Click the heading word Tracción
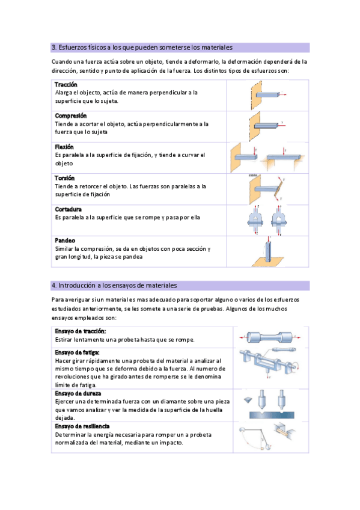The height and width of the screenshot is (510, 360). [66, 85]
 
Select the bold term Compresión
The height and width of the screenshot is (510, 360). [71, 116]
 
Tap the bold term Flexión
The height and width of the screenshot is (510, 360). [64, 147]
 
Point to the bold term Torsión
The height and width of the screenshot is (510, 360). [65, 178]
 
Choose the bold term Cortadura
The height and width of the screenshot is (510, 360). [69, 209]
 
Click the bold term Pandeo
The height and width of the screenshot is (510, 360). [65, 241]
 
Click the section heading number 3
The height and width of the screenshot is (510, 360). [54, 48]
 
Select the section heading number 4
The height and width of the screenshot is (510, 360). [54, 286]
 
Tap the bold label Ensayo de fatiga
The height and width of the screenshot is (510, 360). [78, 352]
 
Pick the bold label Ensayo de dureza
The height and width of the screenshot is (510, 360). [78, 393]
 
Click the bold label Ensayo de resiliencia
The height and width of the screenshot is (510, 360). [82, 426]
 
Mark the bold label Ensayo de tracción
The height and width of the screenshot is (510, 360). [81, 331]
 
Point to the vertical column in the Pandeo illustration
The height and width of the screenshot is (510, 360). [268, 250]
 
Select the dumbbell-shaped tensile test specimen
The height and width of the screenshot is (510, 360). [269, 337]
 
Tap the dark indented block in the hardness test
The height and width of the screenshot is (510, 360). [272, 415]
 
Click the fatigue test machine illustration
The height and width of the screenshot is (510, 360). [269, 363]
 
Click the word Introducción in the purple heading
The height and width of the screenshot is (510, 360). [77, 286]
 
